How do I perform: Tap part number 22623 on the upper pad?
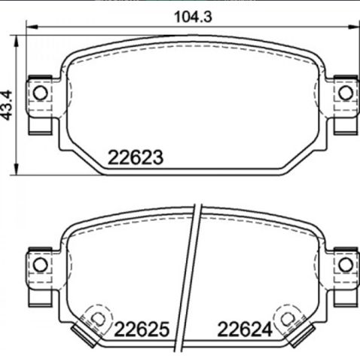point(136,158)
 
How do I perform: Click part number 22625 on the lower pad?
point(141,329)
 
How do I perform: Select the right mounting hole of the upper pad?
point(345,93)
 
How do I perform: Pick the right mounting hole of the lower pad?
point(345,264)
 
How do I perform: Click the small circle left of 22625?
point(96,318)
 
